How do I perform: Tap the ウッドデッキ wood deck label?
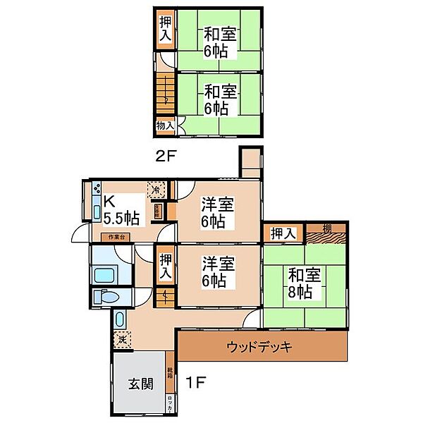point(259,347)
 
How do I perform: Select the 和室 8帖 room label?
point(304,282)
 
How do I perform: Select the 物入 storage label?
point(164,125)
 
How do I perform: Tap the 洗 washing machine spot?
point(121,339)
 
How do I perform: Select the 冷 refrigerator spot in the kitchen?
point(157,190)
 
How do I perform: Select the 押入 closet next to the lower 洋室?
point(165,264)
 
